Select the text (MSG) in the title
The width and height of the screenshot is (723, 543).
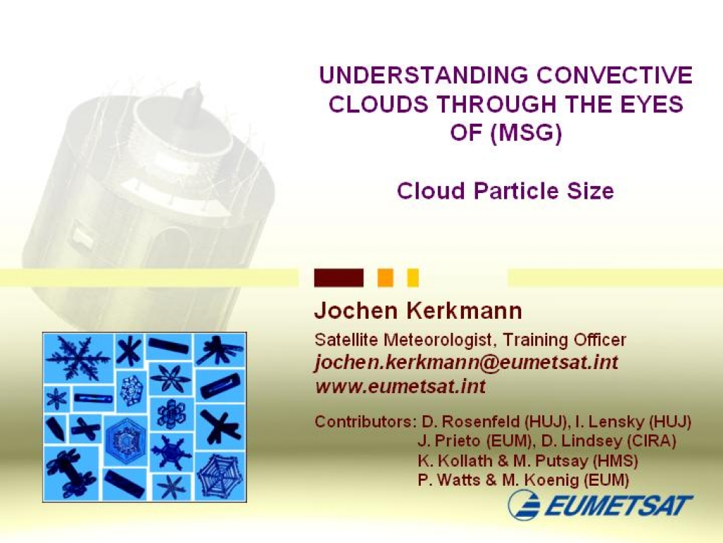tap(526, 134)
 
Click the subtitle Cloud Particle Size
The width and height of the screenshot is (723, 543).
tap(506, 191)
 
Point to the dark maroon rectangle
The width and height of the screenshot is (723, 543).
tap(338, 278)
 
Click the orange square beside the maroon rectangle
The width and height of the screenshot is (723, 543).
tap(386, 278)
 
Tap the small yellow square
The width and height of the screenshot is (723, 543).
tap(413, 278)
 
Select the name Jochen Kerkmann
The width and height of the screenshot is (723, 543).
tap(418, 311)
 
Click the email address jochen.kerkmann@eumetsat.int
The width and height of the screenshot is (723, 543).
tap(466, 362)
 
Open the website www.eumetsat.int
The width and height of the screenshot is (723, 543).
tap(400, 385)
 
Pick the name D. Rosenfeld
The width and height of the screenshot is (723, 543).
tap(471, 421)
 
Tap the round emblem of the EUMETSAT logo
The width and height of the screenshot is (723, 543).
tap(525, 505)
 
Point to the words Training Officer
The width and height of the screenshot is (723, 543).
tap(564, 340)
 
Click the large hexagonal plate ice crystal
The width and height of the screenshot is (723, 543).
tap(126, 438)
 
